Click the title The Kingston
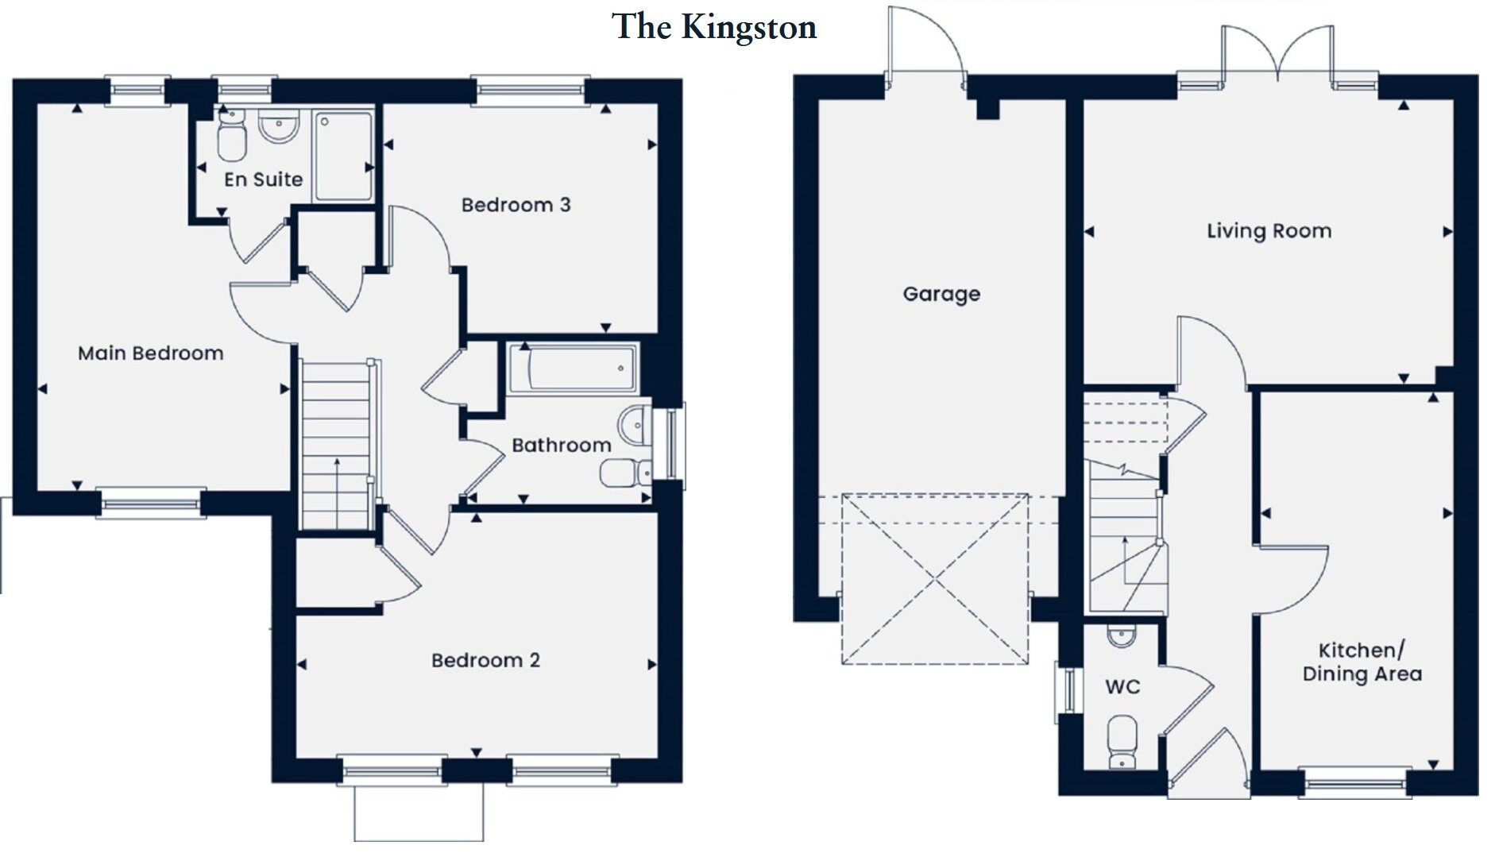(713, 27)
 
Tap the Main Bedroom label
(150, 353)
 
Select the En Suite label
(263, 180)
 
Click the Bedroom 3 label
(516, 205)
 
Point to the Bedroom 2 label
(485, 660)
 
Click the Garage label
(941, 294)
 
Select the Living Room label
(1269, 231)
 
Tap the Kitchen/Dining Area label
(1362, 662)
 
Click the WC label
(1122, 687)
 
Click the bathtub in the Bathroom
(572, 369)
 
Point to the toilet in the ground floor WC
(1122, 741)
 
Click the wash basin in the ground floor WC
(1121, 635)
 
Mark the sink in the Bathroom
(635, 427)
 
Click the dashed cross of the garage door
(935, 579)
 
